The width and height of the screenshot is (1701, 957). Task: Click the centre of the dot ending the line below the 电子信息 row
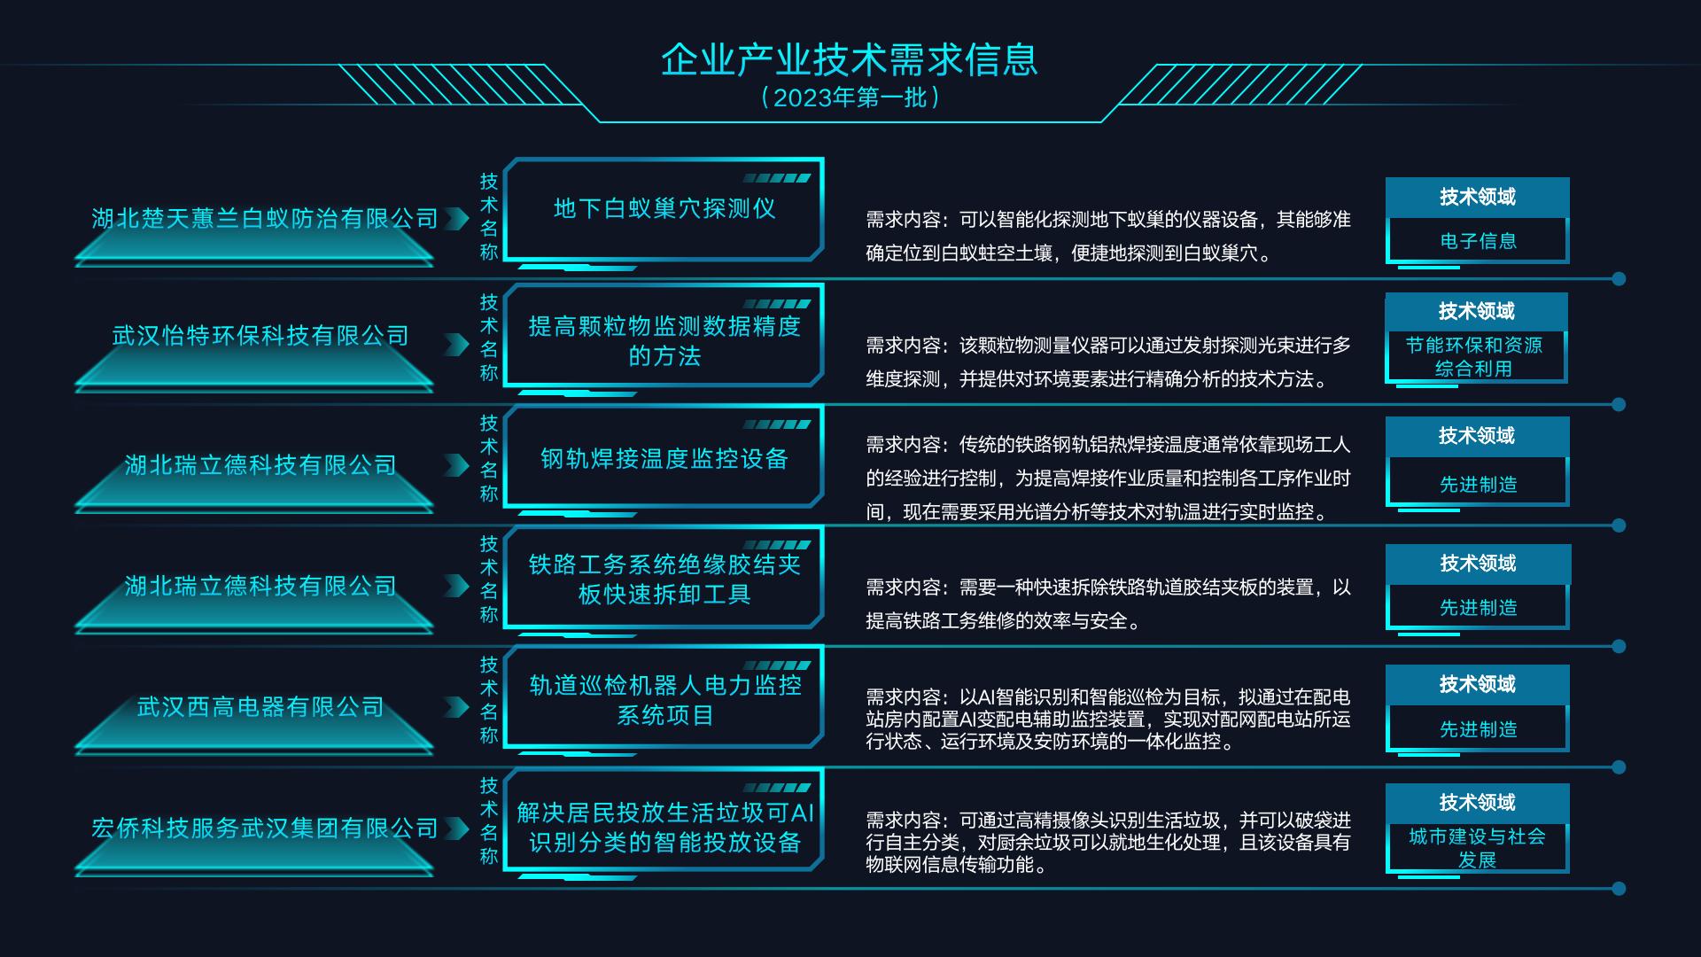point(1619,279)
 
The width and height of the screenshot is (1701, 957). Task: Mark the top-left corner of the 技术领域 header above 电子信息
point(1386,178)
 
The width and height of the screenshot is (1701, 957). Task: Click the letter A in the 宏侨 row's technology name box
point(797,813)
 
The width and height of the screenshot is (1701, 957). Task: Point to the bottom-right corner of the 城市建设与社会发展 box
point(1569,873)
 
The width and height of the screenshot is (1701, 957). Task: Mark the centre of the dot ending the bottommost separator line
point(1619,888)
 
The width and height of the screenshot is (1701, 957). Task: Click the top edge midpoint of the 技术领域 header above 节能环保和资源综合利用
point(1476,293)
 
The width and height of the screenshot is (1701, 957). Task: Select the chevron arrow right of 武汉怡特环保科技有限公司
point(456,344)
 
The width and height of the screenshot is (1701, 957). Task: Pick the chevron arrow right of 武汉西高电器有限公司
point(456,706)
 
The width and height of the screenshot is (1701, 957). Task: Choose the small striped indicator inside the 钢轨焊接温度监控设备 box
point(777,424)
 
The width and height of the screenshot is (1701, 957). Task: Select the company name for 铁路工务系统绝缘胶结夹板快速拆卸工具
point(260,586)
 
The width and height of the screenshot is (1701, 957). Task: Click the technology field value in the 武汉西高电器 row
point(1478,729)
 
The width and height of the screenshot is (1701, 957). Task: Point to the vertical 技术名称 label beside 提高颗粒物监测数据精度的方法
point(489,338)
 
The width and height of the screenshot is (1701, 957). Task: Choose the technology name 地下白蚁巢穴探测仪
point(664,208)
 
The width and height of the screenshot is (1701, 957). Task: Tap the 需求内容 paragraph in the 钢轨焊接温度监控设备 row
point(1108,478)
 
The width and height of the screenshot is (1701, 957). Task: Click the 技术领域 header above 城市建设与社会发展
point(1478,803)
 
